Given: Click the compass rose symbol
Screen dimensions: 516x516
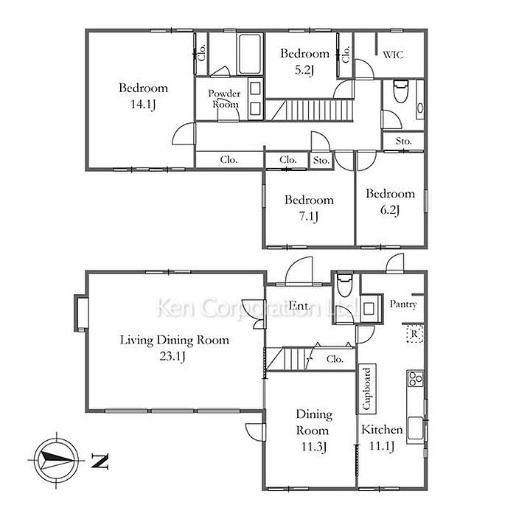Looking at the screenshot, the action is click(x=56, y=460).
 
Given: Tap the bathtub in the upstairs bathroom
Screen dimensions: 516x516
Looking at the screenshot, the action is click(x=250, y=55).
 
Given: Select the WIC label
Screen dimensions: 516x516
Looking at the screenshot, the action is click(x=393, y=55).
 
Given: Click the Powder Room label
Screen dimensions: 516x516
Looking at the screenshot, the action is click(x=224, y=99).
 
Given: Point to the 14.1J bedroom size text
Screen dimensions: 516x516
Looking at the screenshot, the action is click(x=143, y=105).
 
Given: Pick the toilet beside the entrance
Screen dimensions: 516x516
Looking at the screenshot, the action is click(x=344, y=285).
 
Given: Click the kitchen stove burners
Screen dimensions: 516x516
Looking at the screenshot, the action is click(x=415, y=379).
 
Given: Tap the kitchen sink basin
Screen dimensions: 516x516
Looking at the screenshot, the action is click(x=416, y=430).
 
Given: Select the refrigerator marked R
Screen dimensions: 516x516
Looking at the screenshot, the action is click(x=414, y=334).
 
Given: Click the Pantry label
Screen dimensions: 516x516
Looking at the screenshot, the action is click(x=403, y=304).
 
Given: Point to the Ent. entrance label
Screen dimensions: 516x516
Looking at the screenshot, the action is click(x=299, y=306).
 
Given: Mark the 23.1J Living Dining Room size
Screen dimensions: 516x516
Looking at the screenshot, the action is click(x=172, y=356).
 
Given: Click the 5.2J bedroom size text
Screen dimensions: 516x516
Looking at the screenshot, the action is click(x=304, y=70).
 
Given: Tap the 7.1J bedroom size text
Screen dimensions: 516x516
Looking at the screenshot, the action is click(x=309, y=217).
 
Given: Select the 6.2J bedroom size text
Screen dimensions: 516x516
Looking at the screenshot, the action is click(x=390, y=210).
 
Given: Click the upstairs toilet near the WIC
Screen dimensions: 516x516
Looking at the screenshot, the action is click(x=401, y=91).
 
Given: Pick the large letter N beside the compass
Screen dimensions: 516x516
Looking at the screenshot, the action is click(x=100, y=461).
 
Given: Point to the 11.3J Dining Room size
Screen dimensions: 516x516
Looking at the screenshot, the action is click(x=313, y=447).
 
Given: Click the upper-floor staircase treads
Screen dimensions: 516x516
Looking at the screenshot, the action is click(x=319, y=111).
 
